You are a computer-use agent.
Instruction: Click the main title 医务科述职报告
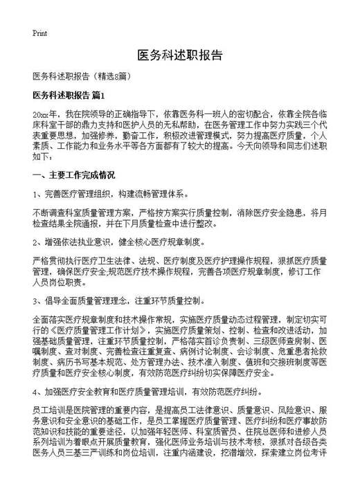179,55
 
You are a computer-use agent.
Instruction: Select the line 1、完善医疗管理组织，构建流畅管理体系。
109,194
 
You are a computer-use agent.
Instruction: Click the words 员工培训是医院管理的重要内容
93,410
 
